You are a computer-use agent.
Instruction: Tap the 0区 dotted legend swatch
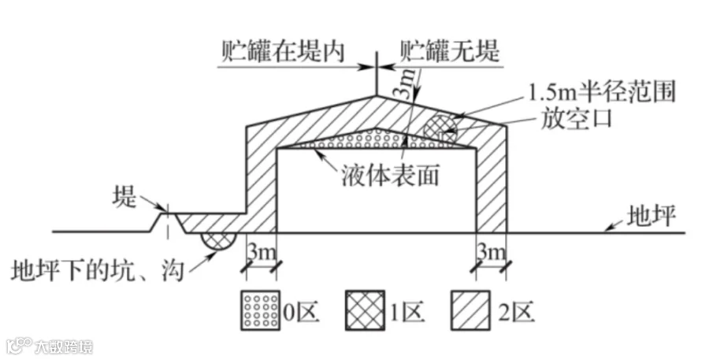pos(261,312)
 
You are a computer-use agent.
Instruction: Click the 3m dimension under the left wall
pos(260,254)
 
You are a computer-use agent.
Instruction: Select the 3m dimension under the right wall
pos(490,254)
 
